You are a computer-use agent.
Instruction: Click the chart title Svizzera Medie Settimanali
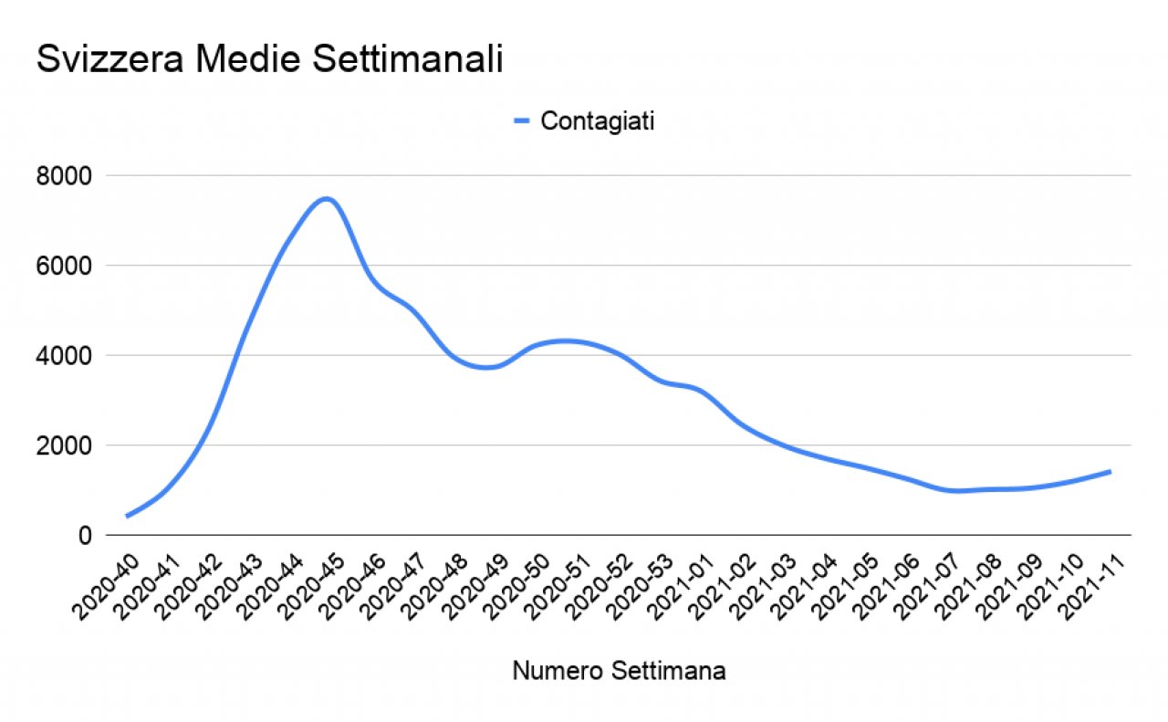point(270,60)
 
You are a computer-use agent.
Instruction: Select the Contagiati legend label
point(597,121)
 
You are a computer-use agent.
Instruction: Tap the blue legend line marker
point(522,121)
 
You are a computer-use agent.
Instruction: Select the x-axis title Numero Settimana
point(620,672)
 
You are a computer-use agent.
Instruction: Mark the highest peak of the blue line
point(327,198)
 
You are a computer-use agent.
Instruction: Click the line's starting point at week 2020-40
point(127,517)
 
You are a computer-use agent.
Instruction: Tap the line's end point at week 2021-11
point(1110,471)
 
